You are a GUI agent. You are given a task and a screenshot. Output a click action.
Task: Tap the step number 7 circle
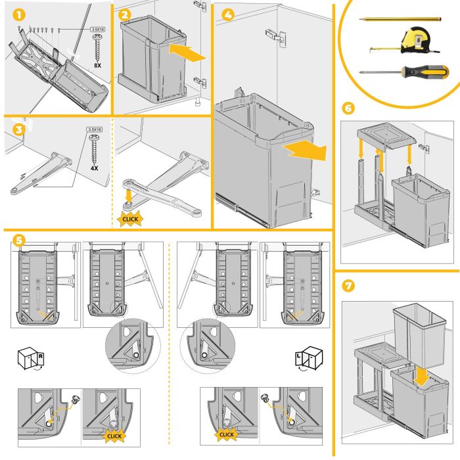coord(349,286)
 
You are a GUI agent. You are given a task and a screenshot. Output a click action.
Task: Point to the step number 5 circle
coord(19,241)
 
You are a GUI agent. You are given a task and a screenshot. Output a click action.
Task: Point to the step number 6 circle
coord(349,108)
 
